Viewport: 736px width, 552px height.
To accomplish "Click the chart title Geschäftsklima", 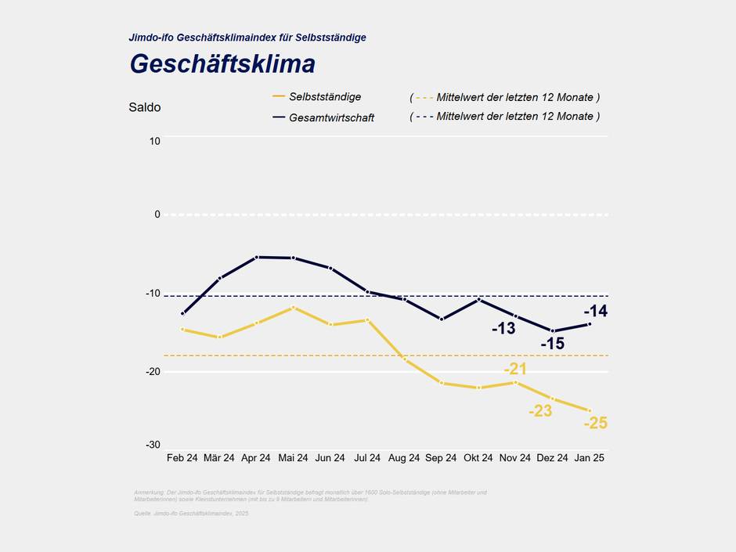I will click(x=222, y=63).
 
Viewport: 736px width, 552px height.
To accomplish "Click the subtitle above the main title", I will click(x=247, y=37).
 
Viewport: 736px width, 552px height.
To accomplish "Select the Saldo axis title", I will click(x=145, y=107).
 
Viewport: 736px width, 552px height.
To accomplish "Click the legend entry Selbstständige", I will click(x=324, y=96).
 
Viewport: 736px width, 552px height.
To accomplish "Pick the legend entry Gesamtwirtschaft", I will click(x=331, y=117).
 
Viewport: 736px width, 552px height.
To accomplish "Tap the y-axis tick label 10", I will click(x=154, y=141).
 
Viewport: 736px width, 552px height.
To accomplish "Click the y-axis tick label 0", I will click(x=157, y=214).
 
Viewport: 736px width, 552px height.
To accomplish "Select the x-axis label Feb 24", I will click(x=182, y=458).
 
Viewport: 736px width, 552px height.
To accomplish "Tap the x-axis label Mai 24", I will click(x=293, y=458).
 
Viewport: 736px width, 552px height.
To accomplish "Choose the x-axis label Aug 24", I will click(x=404, y=458).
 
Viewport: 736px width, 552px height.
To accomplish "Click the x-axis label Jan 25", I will click(x=590, y=458).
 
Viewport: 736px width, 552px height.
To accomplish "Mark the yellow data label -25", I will click(x=596, y=424).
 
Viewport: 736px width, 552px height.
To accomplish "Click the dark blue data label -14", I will click(x=596, y=311).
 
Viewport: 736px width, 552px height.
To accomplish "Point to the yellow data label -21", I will click(x=515, y=369).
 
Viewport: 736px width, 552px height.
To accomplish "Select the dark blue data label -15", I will click(x=552, y=344).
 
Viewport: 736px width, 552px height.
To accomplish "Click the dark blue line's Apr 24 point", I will click(x=256, y=257).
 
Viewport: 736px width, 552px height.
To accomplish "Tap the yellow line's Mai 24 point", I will click(x=293, y=308).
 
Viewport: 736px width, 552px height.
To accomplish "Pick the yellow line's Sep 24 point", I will click(x=442, y=383).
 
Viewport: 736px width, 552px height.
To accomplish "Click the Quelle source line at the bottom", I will click(x=191, y=513).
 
